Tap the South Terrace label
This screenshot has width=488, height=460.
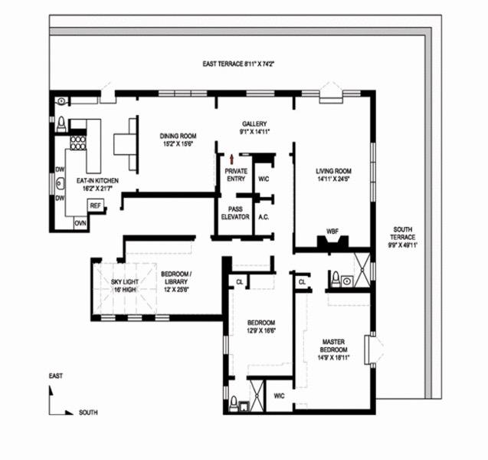404,237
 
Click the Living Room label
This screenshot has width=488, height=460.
333,176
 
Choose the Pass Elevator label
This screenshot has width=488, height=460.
235,212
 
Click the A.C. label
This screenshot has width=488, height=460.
264,217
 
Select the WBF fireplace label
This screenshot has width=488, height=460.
332,231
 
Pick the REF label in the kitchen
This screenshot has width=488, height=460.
95,205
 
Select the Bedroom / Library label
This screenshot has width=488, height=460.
176,281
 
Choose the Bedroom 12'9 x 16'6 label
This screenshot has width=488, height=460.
261,327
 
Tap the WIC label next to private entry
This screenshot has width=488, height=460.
263,179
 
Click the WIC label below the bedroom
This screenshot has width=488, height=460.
279,396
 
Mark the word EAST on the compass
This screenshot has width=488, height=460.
55,376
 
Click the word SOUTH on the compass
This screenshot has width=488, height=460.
88,412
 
